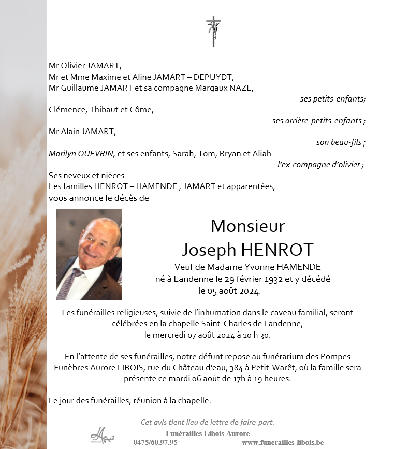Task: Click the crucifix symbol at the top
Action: click(x=213, y=31)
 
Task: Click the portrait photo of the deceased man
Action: click(x=89, y=254)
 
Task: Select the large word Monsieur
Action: click(x=247, y=226)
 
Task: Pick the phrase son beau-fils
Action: click(x=341, y=142)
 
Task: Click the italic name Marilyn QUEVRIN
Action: click(x=82, y=153)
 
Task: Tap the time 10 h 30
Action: click(x=257, y=335)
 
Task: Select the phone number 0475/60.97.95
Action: click(x=155, y=442)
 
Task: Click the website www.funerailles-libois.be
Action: click(x=283, y=442)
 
